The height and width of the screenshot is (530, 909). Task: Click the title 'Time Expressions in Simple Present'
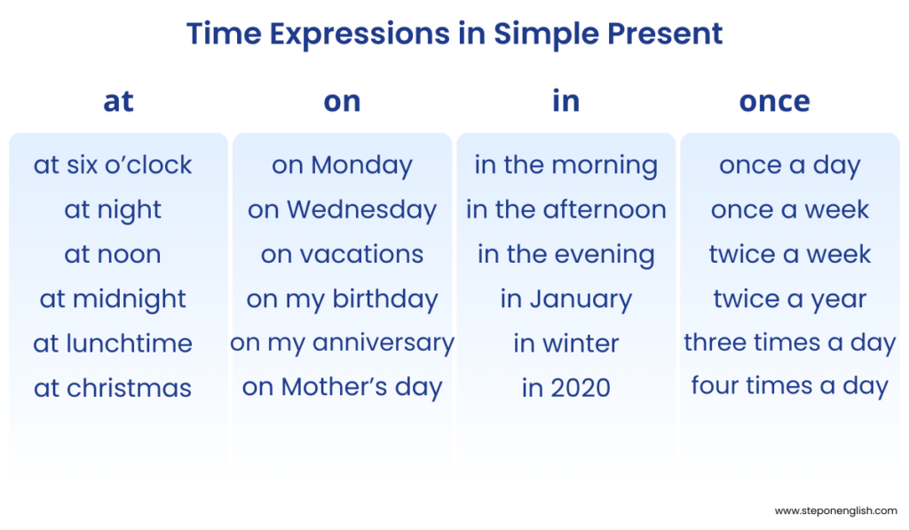(454, 35)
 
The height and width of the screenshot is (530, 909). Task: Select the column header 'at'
(118, 101)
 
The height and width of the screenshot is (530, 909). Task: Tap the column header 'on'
(342, 101)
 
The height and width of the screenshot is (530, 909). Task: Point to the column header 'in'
(565, 101)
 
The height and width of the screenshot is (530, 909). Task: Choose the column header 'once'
(774, 101)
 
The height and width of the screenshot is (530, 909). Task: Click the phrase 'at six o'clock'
(113, 165)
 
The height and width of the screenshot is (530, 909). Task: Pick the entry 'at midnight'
(113, 299)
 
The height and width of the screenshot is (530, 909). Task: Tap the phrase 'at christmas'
(113, 388)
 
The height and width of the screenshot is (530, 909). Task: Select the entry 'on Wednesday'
(342, 210)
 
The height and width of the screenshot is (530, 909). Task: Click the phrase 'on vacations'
(342, 255)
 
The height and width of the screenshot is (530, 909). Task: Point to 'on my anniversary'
(342, 344)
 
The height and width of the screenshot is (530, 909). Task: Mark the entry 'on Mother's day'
(342, 388)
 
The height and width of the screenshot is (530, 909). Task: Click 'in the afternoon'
(565, 210)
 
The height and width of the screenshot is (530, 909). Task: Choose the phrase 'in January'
(565, 299)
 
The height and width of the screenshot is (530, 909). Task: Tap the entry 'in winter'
(565, 344)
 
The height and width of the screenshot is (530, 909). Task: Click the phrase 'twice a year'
(789, 299)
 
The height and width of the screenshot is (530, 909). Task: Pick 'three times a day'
(789, 344)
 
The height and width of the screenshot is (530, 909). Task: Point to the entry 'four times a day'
(789, 386)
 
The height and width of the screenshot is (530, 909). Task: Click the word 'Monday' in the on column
(362, 165)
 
